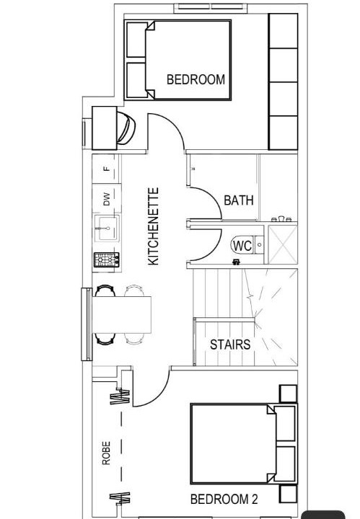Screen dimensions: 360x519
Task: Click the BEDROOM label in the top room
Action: point(196,79)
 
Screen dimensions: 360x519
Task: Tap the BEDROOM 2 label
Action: point(224,499)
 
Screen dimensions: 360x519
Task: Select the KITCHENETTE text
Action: point(154,226)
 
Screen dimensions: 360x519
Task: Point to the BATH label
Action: point(239,200)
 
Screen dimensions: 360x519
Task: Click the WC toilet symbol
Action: point(242,246)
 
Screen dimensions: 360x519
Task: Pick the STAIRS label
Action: point(230,345)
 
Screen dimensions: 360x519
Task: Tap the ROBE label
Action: point(106,453)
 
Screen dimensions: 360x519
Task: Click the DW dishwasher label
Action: point(106,200)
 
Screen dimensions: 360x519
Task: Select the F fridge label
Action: point(106,169)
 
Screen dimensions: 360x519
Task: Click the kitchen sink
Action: point(107,228)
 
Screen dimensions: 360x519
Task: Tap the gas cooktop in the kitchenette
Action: point(107,259)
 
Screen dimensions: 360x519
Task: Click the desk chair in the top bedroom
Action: point(126,128)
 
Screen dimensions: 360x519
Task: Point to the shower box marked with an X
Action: point(283,244)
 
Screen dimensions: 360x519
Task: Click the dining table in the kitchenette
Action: point(121,315)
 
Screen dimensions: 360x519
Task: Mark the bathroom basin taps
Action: point(281,219)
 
